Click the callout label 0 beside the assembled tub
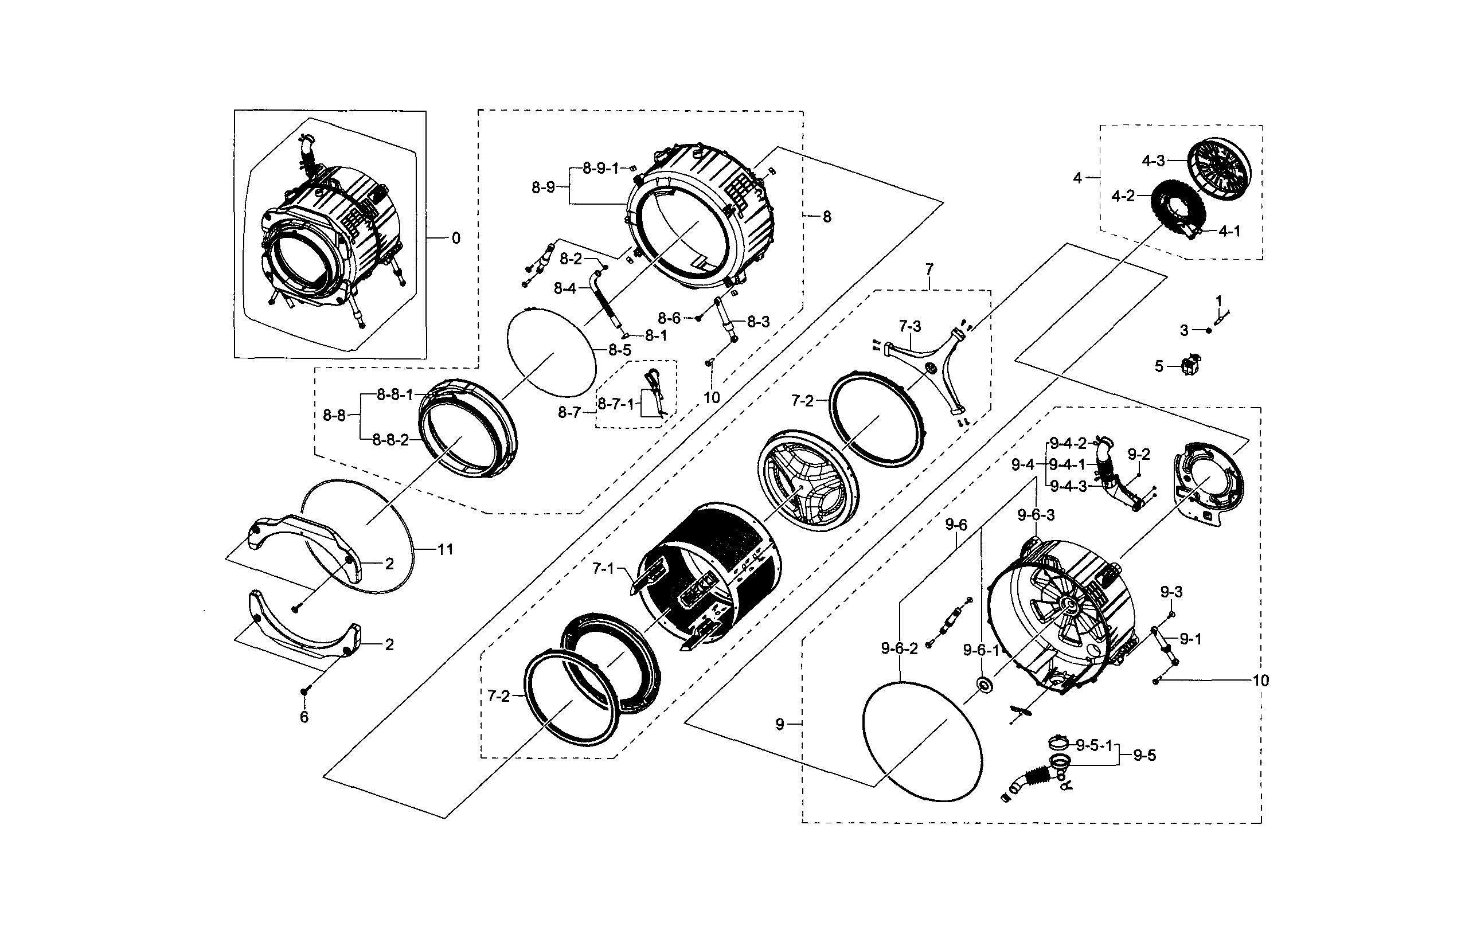[456, 239]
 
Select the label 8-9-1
[600, 168]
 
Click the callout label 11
[444, 549]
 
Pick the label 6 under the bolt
[304, 717]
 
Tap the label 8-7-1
[615, 404]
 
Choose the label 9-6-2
[899, 648]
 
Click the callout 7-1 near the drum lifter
[603, 569]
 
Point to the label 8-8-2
[390, 440]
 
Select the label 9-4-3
[1068, 487]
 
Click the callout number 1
[1218, 301]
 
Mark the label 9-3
[1171, 592]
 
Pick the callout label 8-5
[619, 350]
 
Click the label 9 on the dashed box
[780, 724]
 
